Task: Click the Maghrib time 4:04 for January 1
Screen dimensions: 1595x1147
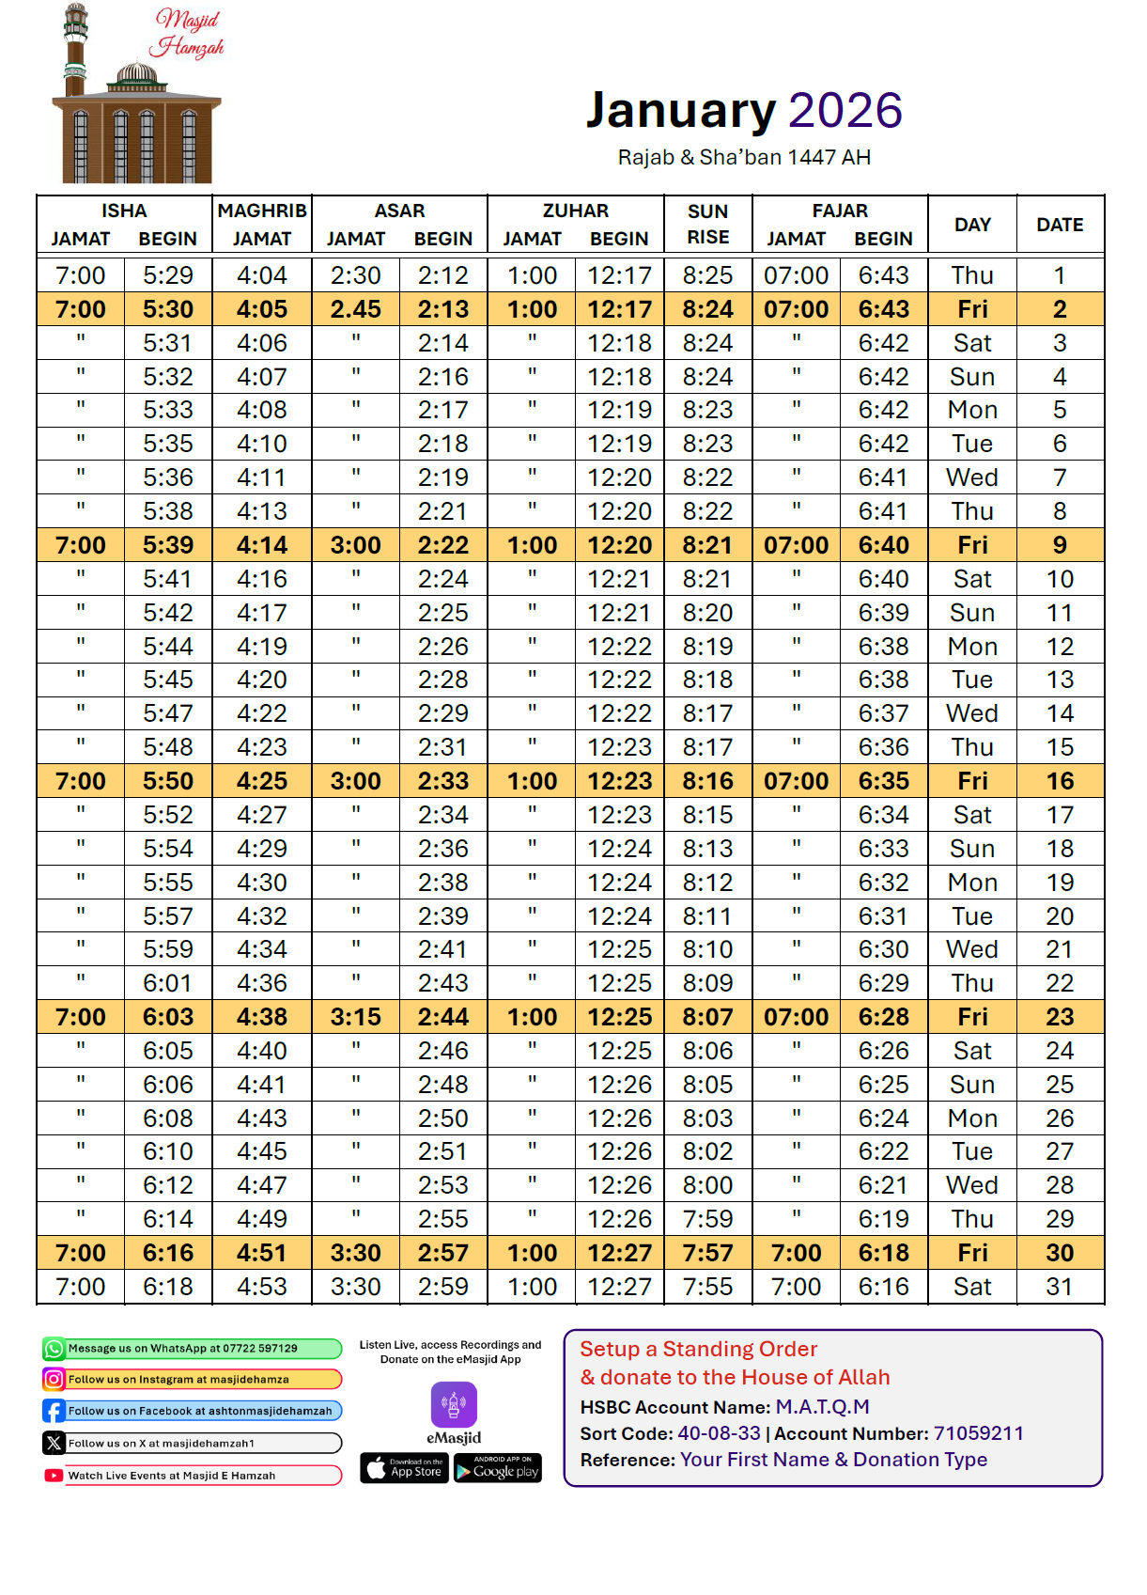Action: pos(262,275)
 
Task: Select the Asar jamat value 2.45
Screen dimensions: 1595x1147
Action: pos(355,309)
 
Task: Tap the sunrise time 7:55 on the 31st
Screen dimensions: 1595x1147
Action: pos(707,1287)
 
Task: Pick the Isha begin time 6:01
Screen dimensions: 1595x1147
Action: pos(168,983)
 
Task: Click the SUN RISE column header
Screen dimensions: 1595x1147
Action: pos(707,225)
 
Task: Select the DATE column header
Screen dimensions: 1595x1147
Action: pos(1060,225)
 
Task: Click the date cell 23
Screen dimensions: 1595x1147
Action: pos(1060,1017)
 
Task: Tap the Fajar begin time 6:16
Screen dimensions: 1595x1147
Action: pos(883,1287)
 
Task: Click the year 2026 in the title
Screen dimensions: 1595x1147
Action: pos(845,111)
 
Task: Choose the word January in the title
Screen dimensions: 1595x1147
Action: pos(681,111)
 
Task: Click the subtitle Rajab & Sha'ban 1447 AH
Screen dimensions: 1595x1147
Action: pos(744,158)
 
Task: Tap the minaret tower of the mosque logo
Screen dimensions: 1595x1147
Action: pos(75,52)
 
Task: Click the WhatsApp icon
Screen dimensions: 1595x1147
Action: pos(54,1349)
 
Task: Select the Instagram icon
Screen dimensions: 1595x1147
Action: pos(54,1380)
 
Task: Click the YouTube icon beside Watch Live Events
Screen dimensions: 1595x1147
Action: pos(54,1476)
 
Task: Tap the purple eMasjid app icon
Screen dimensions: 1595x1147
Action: pos(454,1405)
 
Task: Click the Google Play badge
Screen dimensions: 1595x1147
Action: pos(498,1468)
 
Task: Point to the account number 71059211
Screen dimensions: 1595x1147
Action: pos(978,1433)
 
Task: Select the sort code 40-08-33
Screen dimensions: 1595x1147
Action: pos(719,1433)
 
